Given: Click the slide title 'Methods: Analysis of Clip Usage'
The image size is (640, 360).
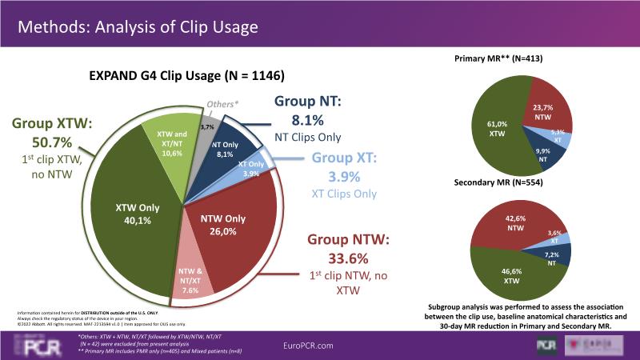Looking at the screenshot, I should pyautogui.click(x=138, y=27).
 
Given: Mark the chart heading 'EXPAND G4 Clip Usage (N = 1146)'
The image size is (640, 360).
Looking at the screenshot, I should pyautogui.click(x=186, y=76).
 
